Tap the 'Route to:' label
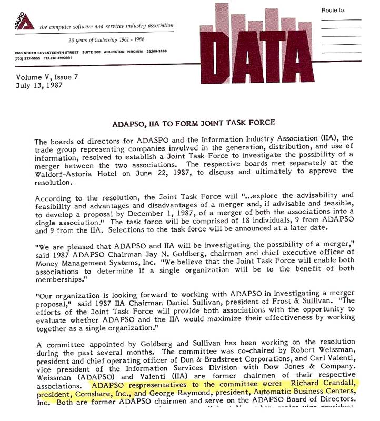tap(334, 11)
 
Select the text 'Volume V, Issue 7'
tap(47, 77)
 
